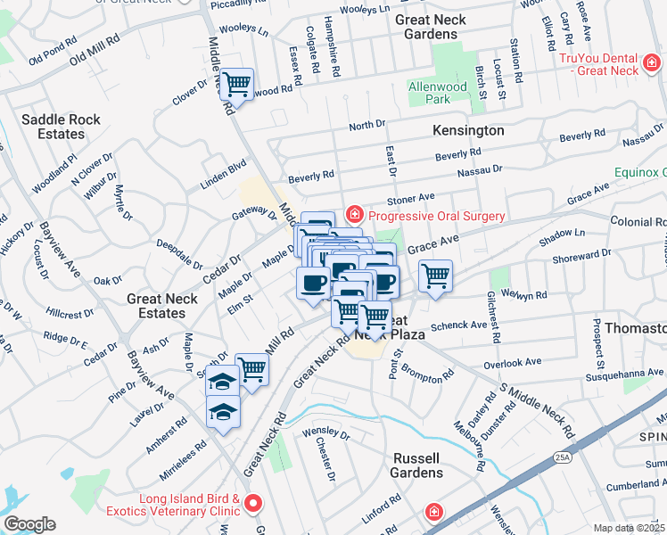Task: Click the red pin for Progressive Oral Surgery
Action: [354, 214]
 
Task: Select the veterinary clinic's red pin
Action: [253, 505]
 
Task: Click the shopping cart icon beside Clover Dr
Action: [236, 85]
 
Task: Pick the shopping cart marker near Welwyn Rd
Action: [435, 276]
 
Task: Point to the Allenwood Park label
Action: [438, 93]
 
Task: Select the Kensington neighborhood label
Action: [468, 130]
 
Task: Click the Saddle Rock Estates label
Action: [54, 127]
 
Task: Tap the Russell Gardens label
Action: [416, 465]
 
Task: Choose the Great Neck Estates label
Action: [168, 307]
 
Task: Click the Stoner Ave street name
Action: [409, 197]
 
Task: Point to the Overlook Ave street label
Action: [512, 363]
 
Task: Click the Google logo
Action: [29, 524]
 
